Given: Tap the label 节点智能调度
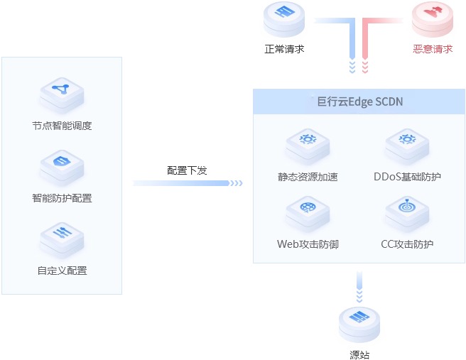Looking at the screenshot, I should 62,126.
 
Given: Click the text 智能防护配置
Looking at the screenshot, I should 62,198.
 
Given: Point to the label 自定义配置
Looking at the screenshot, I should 62,271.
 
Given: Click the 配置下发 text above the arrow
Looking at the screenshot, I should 188,170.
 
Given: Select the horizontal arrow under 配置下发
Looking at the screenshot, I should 188,183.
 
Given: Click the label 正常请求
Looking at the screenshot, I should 284,50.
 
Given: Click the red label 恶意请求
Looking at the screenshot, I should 433,50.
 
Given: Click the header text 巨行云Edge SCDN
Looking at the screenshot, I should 360,102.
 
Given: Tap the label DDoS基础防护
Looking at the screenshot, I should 407,176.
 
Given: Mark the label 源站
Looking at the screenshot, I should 359,354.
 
